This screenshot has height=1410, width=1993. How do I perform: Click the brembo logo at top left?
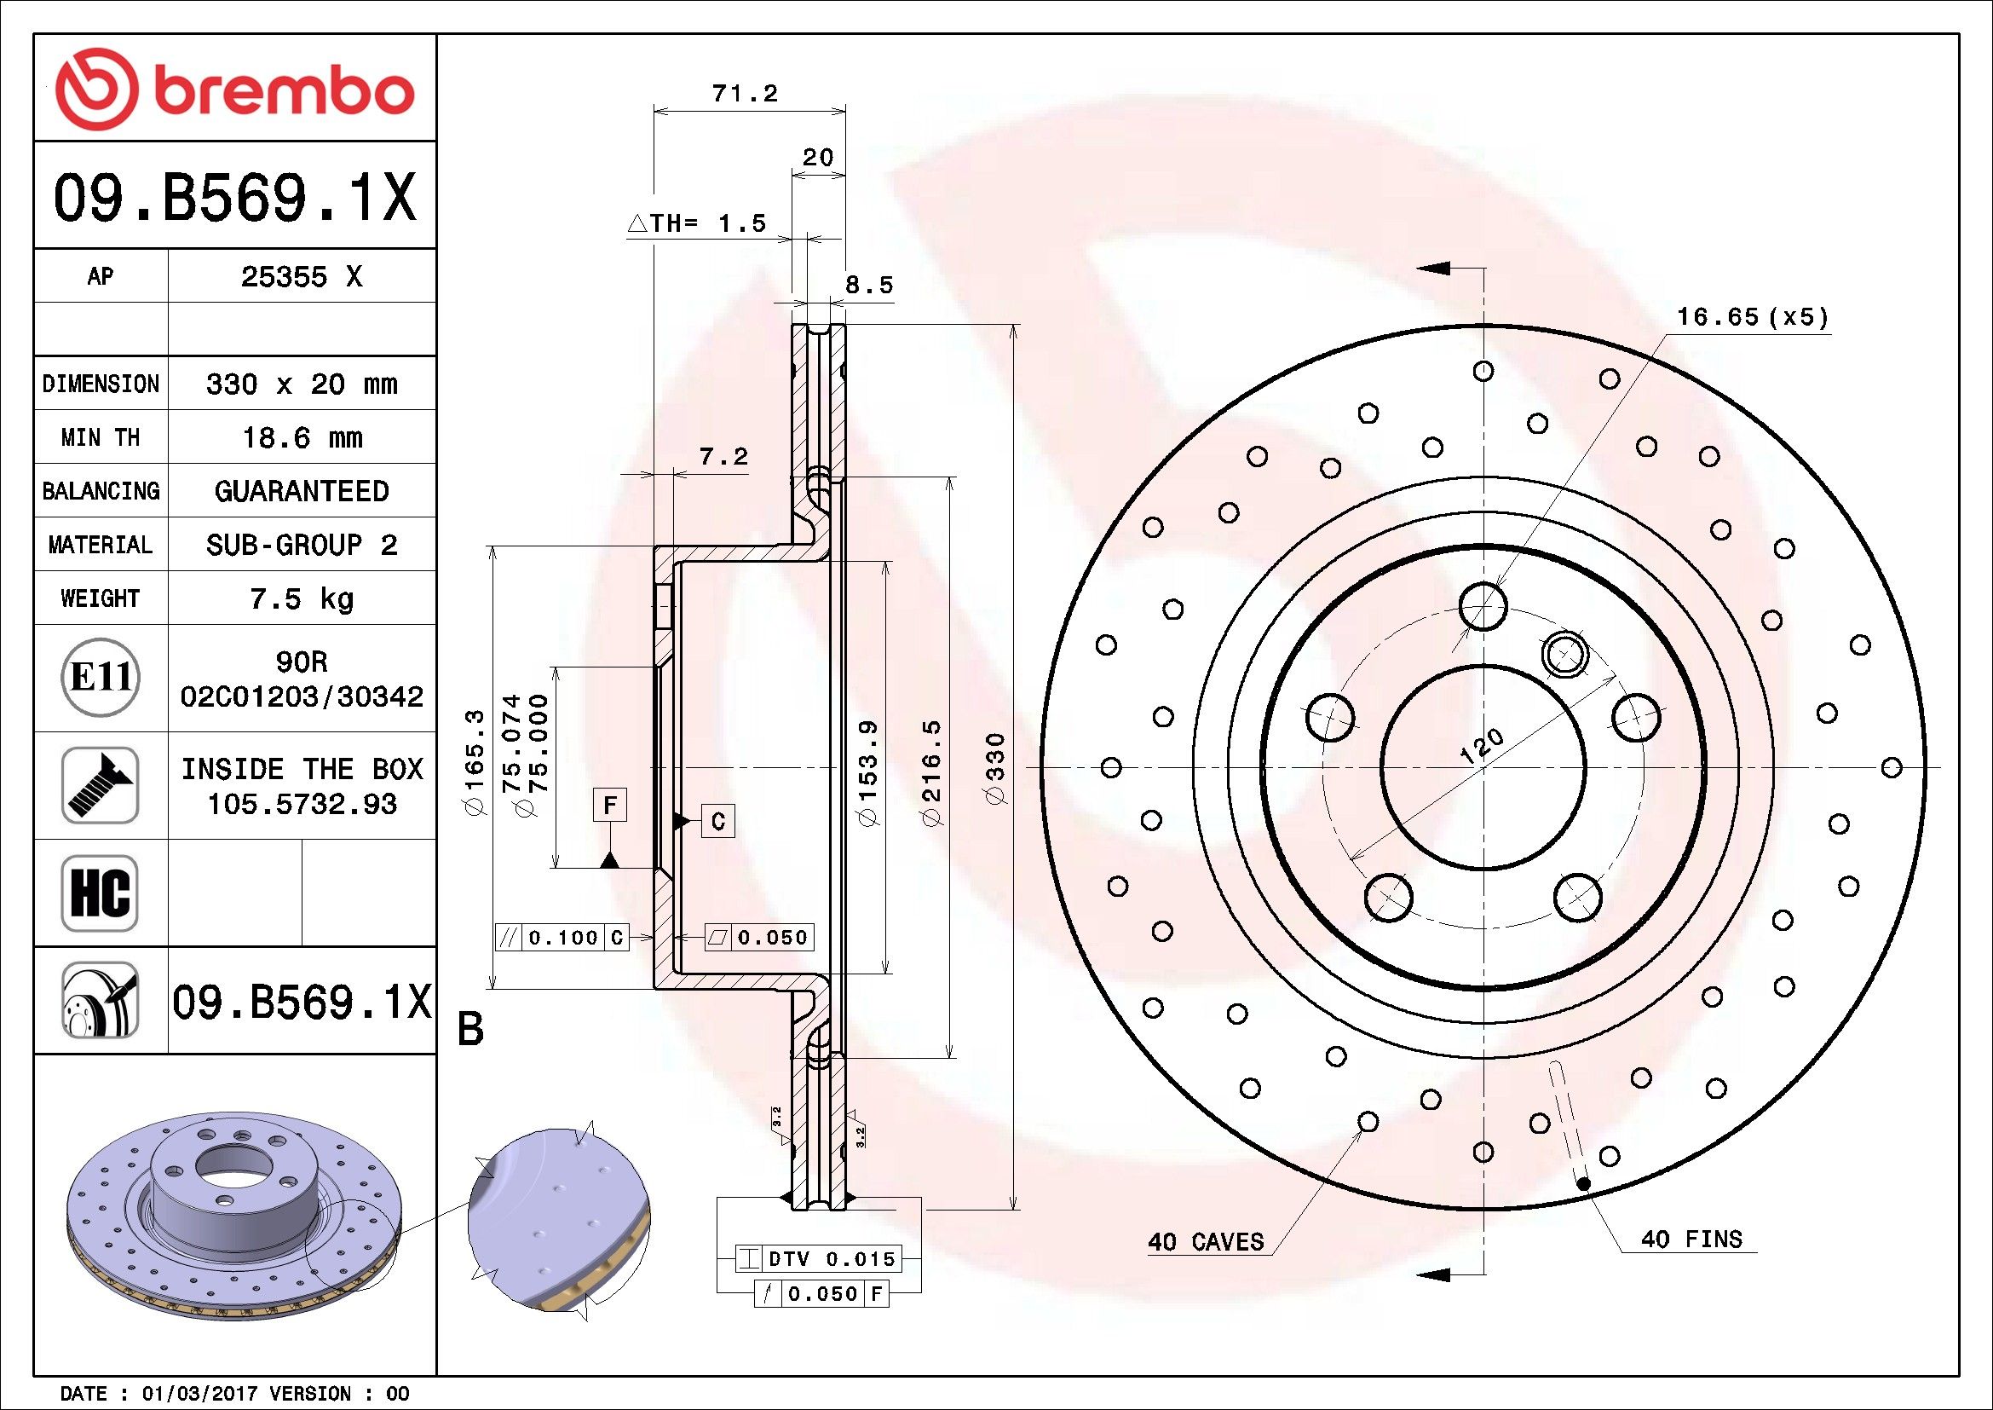click(234, 90)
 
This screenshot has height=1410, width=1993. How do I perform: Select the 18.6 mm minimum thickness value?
click(301, 436)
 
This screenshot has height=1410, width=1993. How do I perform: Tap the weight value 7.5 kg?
click(301, 598)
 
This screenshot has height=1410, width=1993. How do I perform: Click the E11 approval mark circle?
click(101, 677)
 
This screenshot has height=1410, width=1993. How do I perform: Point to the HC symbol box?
click(100, 893)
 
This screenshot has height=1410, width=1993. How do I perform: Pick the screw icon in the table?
click(100, 785)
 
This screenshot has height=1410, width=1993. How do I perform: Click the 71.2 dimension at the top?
click(745, 93)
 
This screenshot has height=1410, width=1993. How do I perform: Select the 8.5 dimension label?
click(869, 285)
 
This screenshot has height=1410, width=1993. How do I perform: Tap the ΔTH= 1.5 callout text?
click(697, 224)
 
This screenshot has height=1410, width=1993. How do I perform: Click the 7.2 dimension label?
click(724, 457)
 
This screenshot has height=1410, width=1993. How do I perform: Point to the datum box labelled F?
click(610, 805)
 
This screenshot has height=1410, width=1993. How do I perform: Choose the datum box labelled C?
click(717, 820)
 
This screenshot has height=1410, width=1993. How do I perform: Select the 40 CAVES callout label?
click(1206, 1241)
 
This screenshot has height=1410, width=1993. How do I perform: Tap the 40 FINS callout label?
click(1691, 1239)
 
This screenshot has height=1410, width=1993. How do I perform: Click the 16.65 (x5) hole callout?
click(1753, 317)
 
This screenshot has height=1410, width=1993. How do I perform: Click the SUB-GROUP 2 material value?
click(301, 545)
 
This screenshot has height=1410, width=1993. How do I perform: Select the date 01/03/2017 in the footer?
click(199, 1394)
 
